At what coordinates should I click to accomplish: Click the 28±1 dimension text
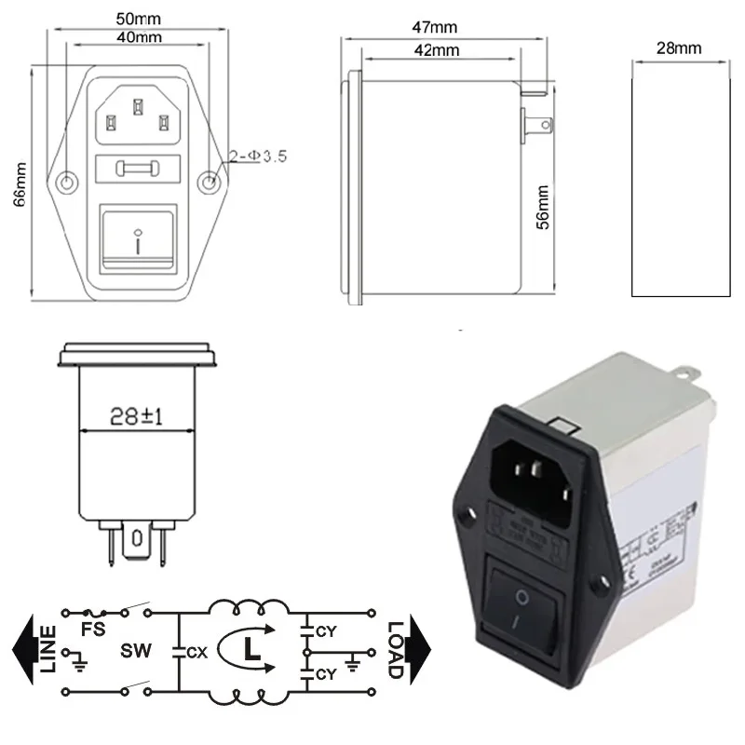coord(135,417)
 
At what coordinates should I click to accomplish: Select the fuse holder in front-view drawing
coord(138,169)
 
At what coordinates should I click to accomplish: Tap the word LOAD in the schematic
coord(394,649)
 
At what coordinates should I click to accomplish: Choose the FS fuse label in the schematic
coord(92,629)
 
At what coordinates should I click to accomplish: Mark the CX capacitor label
coord(196,651)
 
